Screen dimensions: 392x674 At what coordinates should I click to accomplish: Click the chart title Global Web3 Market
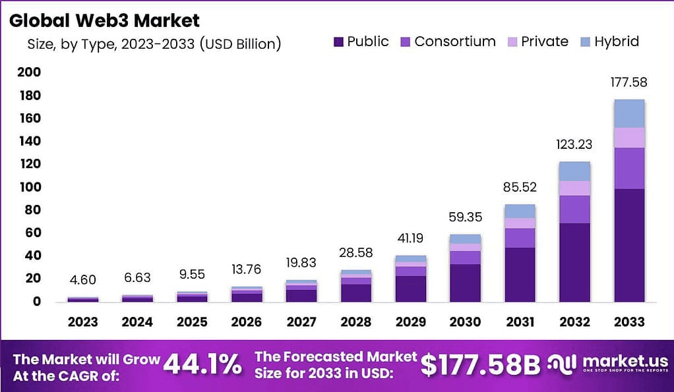click(x=104, y=20)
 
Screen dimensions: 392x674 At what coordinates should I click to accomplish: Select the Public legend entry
click(x=361, y=42)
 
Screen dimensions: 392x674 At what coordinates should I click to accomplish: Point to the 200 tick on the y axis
click(x=29, y=72)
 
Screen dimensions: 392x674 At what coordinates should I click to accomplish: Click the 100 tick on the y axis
click(x=29, y=187)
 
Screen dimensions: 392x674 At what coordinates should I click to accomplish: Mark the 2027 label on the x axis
click(x=301, y=322)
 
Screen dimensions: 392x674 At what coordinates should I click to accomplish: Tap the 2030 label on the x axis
click(x=465, y=322)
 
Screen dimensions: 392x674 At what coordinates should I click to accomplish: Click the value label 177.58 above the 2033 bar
click(x=628, y=83)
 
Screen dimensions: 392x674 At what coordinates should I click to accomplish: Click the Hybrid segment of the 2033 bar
click(x=628, y=113)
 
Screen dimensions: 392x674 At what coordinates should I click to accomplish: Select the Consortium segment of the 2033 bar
click(x=628, y=168)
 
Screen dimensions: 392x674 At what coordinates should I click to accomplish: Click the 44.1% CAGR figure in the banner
click(x=202, y=364)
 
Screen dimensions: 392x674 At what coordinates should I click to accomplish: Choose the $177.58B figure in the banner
click(x=480, y=364)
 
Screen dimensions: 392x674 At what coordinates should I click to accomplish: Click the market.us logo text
click(x=617, y=361)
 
